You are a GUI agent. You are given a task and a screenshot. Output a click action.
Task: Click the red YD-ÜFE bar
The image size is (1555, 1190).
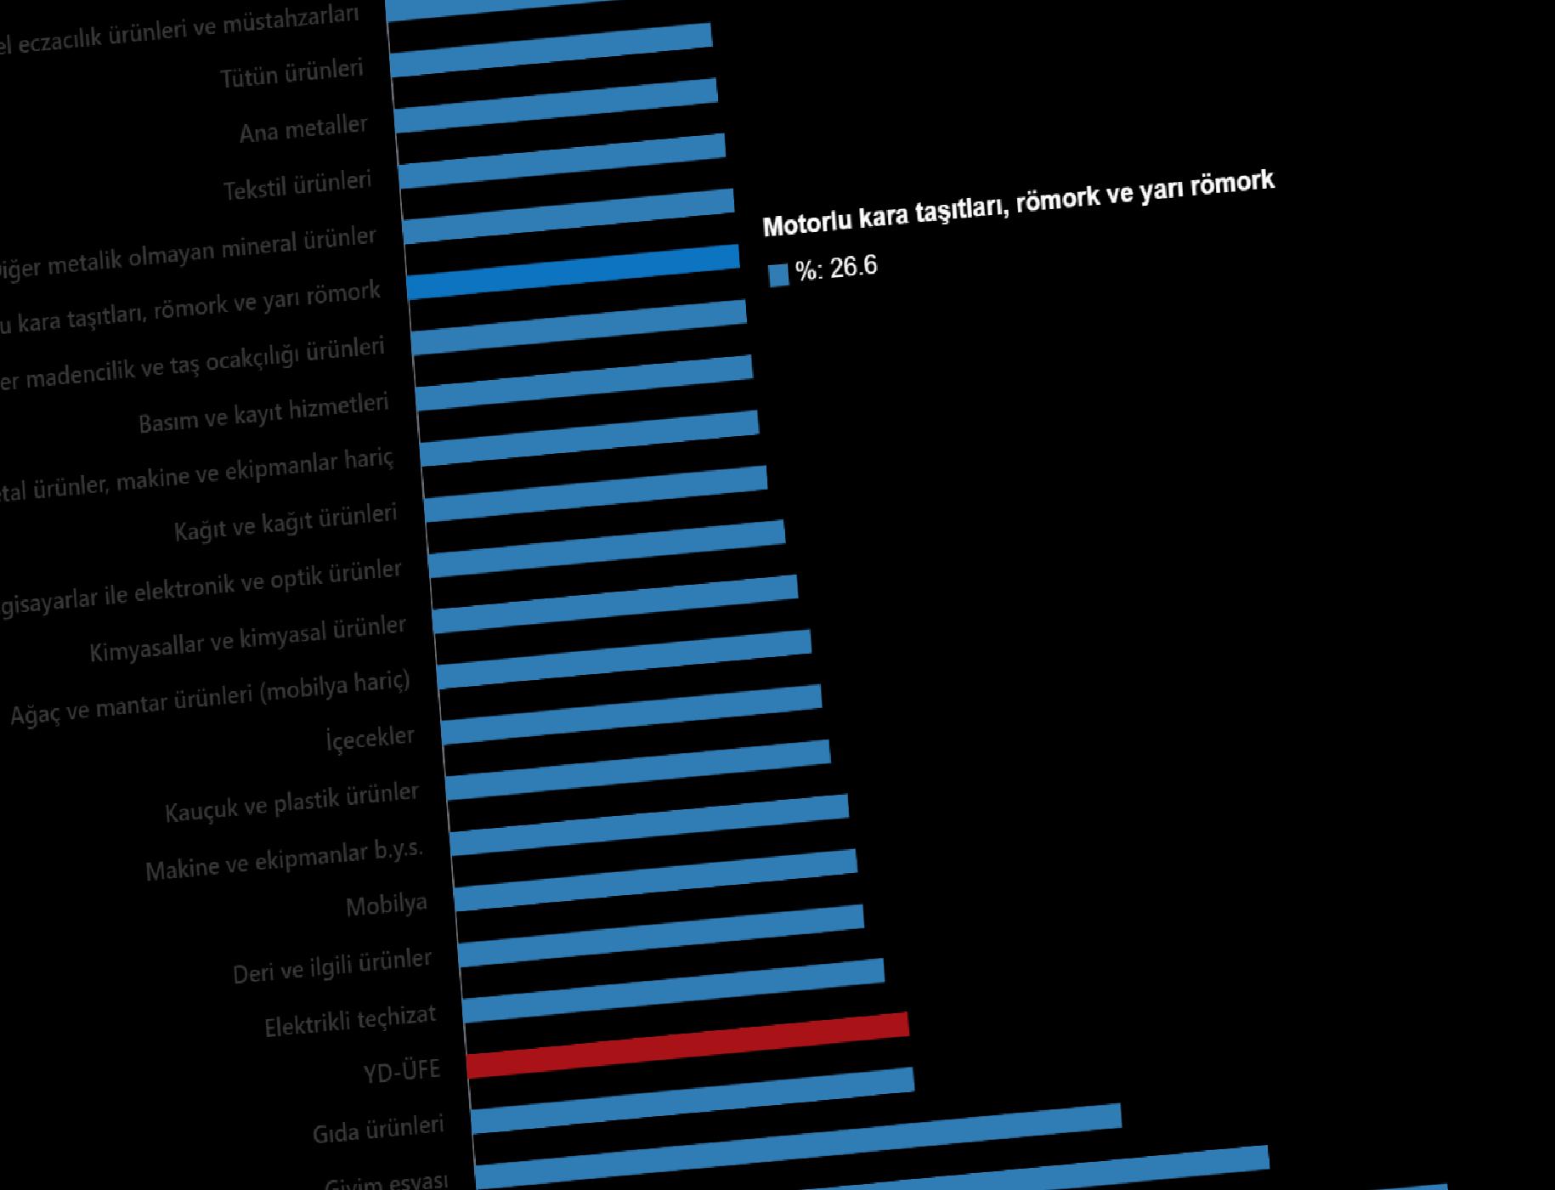[688, 1045]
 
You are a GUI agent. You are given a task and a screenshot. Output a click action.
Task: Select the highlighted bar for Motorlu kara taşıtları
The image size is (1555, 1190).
[574, 271]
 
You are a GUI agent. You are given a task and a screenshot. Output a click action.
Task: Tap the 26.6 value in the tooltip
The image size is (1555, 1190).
[853, 267]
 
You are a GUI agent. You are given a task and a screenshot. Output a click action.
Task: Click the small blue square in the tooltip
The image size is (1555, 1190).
[778, 275]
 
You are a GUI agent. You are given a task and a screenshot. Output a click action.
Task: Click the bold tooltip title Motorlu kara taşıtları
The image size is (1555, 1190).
[1018, 204]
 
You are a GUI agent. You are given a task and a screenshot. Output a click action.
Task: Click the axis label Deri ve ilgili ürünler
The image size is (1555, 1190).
[332, 967]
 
